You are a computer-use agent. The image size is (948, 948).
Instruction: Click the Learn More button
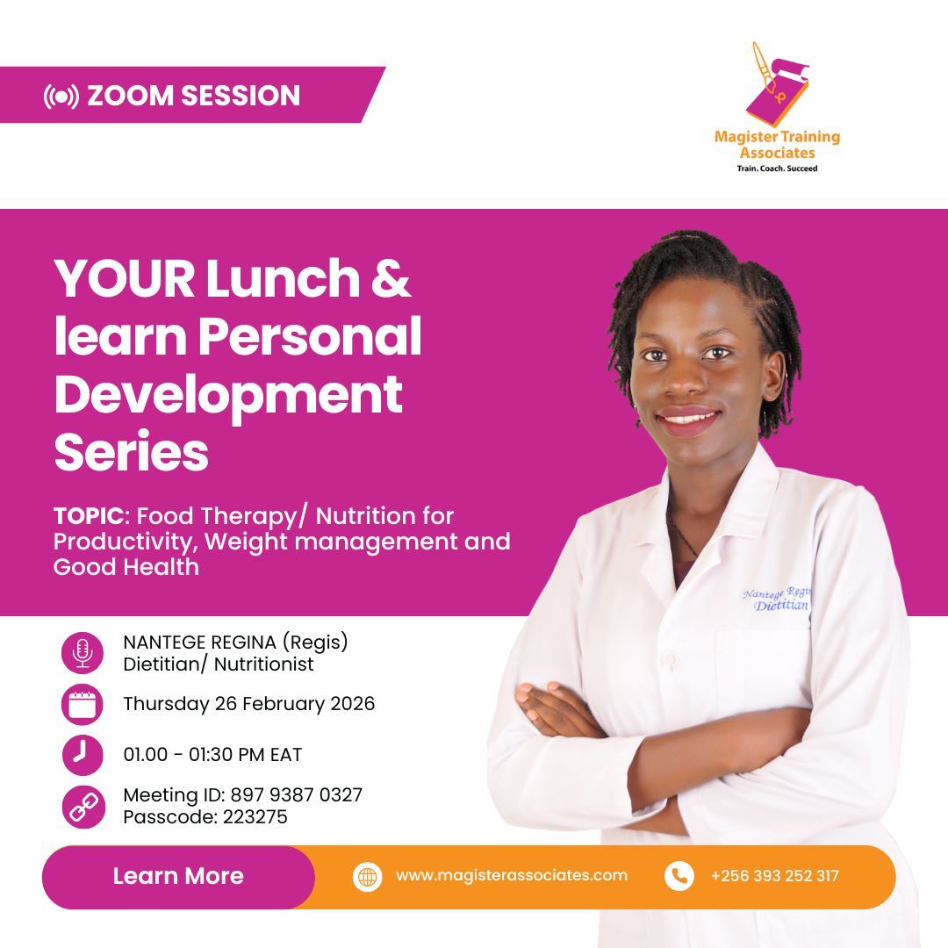click(178, 876)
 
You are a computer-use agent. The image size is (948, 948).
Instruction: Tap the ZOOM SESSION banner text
click(193, 96)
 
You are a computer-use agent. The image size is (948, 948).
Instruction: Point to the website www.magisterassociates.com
click(511, 875)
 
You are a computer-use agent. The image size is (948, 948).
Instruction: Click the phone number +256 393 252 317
click(774, 875)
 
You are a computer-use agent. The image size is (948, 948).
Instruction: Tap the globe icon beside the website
click(368, 876)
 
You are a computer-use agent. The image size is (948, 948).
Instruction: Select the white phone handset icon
click(679, 875)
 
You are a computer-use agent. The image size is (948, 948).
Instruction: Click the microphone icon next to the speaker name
click(83, 653)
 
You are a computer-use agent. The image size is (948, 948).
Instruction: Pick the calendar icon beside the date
click(83, 704)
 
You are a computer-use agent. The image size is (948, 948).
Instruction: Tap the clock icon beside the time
click(83, 755)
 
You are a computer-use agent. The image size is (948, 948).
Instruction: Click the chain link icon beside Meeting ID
click(83, 806)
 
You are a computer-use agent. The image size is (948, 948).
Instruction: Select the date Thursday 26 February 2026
click(248, 704)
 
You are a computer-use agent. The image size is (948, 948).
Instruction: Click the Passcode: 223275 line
click(205, 817)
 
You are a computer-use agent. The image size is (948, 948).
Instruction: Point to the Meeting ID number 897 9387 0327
click(296, 795)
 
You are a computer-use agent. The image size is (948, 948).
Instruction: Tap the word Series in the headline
click(132, 453)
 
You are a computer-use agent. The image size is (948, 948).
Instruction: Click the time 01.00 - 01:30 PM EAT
click(212, 755)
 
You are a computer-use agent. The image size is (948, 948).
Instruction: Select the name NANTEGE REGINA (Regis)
click(235, 643)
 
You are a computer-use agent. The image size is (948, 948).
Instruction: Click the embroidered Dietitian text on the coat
click(781, 606)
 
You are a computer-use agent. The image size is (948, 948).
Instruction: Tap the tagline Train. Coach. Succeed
click(777, 169)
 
